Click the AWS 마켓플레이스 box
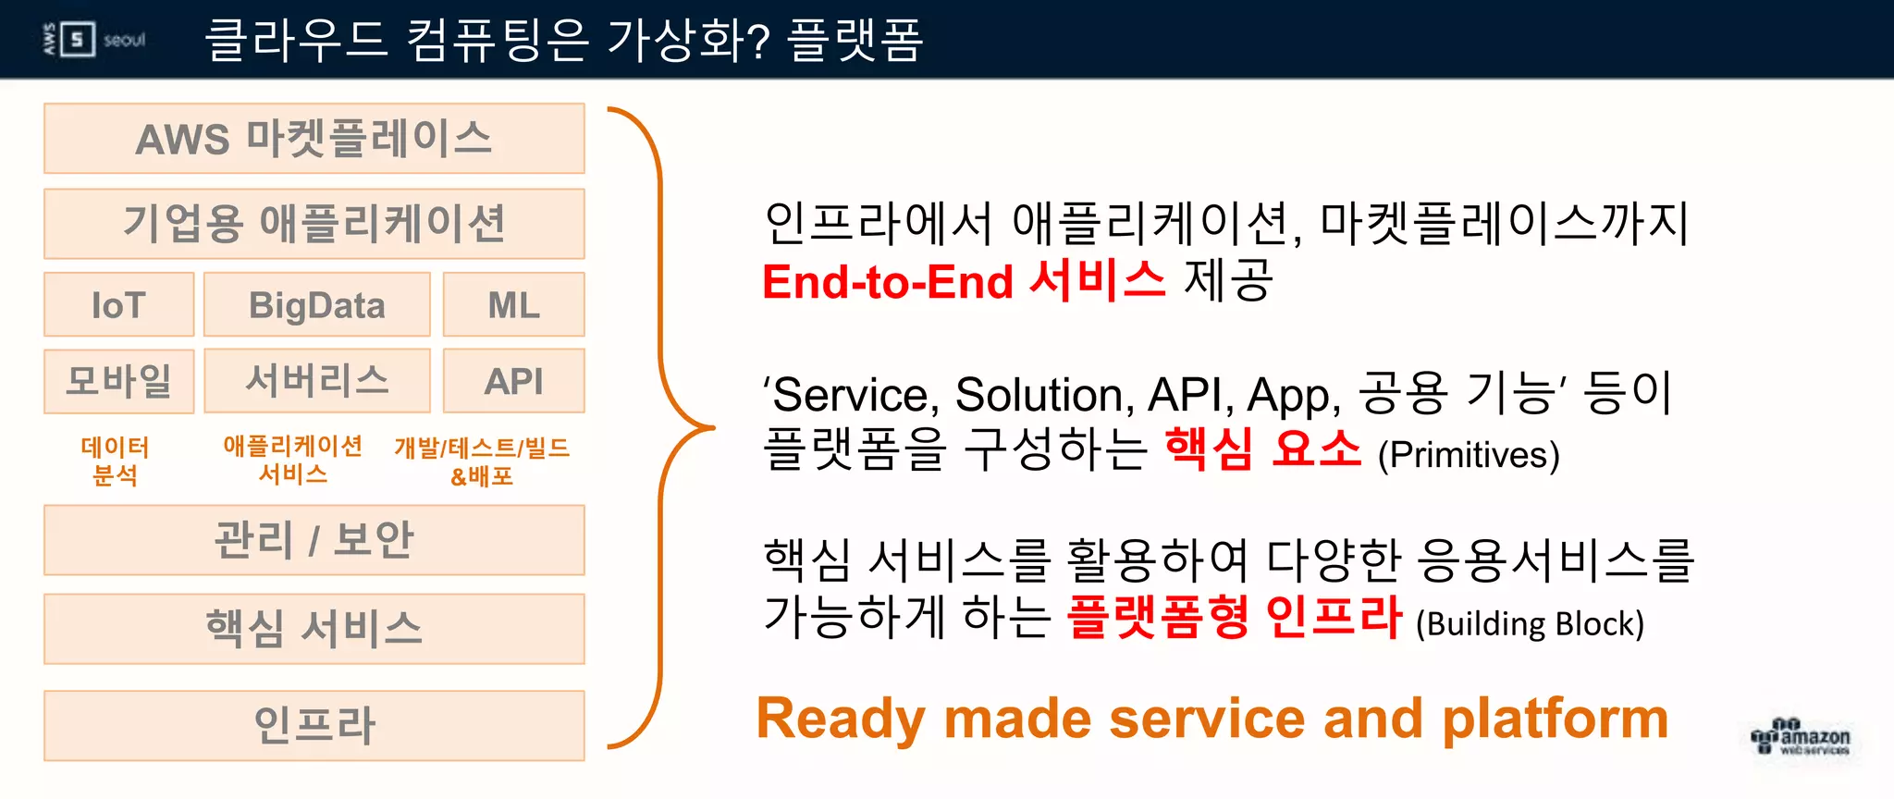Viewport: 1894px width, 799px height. coord(314,139)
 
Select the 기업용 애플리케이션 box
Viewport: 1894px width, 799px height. coord(314,224)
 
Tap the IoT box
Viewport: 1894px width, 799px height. coord(118,305)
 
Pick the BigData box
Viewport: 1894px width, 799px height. coord(316,305)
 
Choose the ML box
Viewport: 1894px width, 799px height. coord(513,305)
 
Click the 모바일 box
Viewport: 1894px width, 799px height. coord(118,381)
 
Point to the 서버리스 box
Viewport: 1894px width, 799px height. coord(316,381)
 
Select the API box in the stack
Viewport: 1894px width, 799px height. coord(513,381)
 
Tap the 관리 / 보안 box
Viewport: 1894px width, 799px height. coord(314,540)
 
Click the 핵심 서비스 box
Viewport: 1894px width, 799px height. coord(314,629)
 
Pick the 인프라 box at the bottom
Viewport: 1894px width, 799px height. coord(314,725)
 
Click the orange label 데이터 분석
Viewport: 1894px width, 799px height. coord(116,461)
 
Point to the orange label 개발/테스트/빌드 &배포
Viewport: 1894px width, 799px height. coord(482,461)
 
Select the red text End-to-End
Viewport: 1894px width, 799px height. coord(888,282)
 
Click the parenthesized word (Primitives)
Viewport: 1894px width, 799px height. coord(1469,455)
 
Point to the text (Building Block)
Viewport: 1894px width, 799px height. coord(1530,624)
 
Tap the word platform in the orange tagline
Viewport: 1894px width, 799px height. coord(1556,719)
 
